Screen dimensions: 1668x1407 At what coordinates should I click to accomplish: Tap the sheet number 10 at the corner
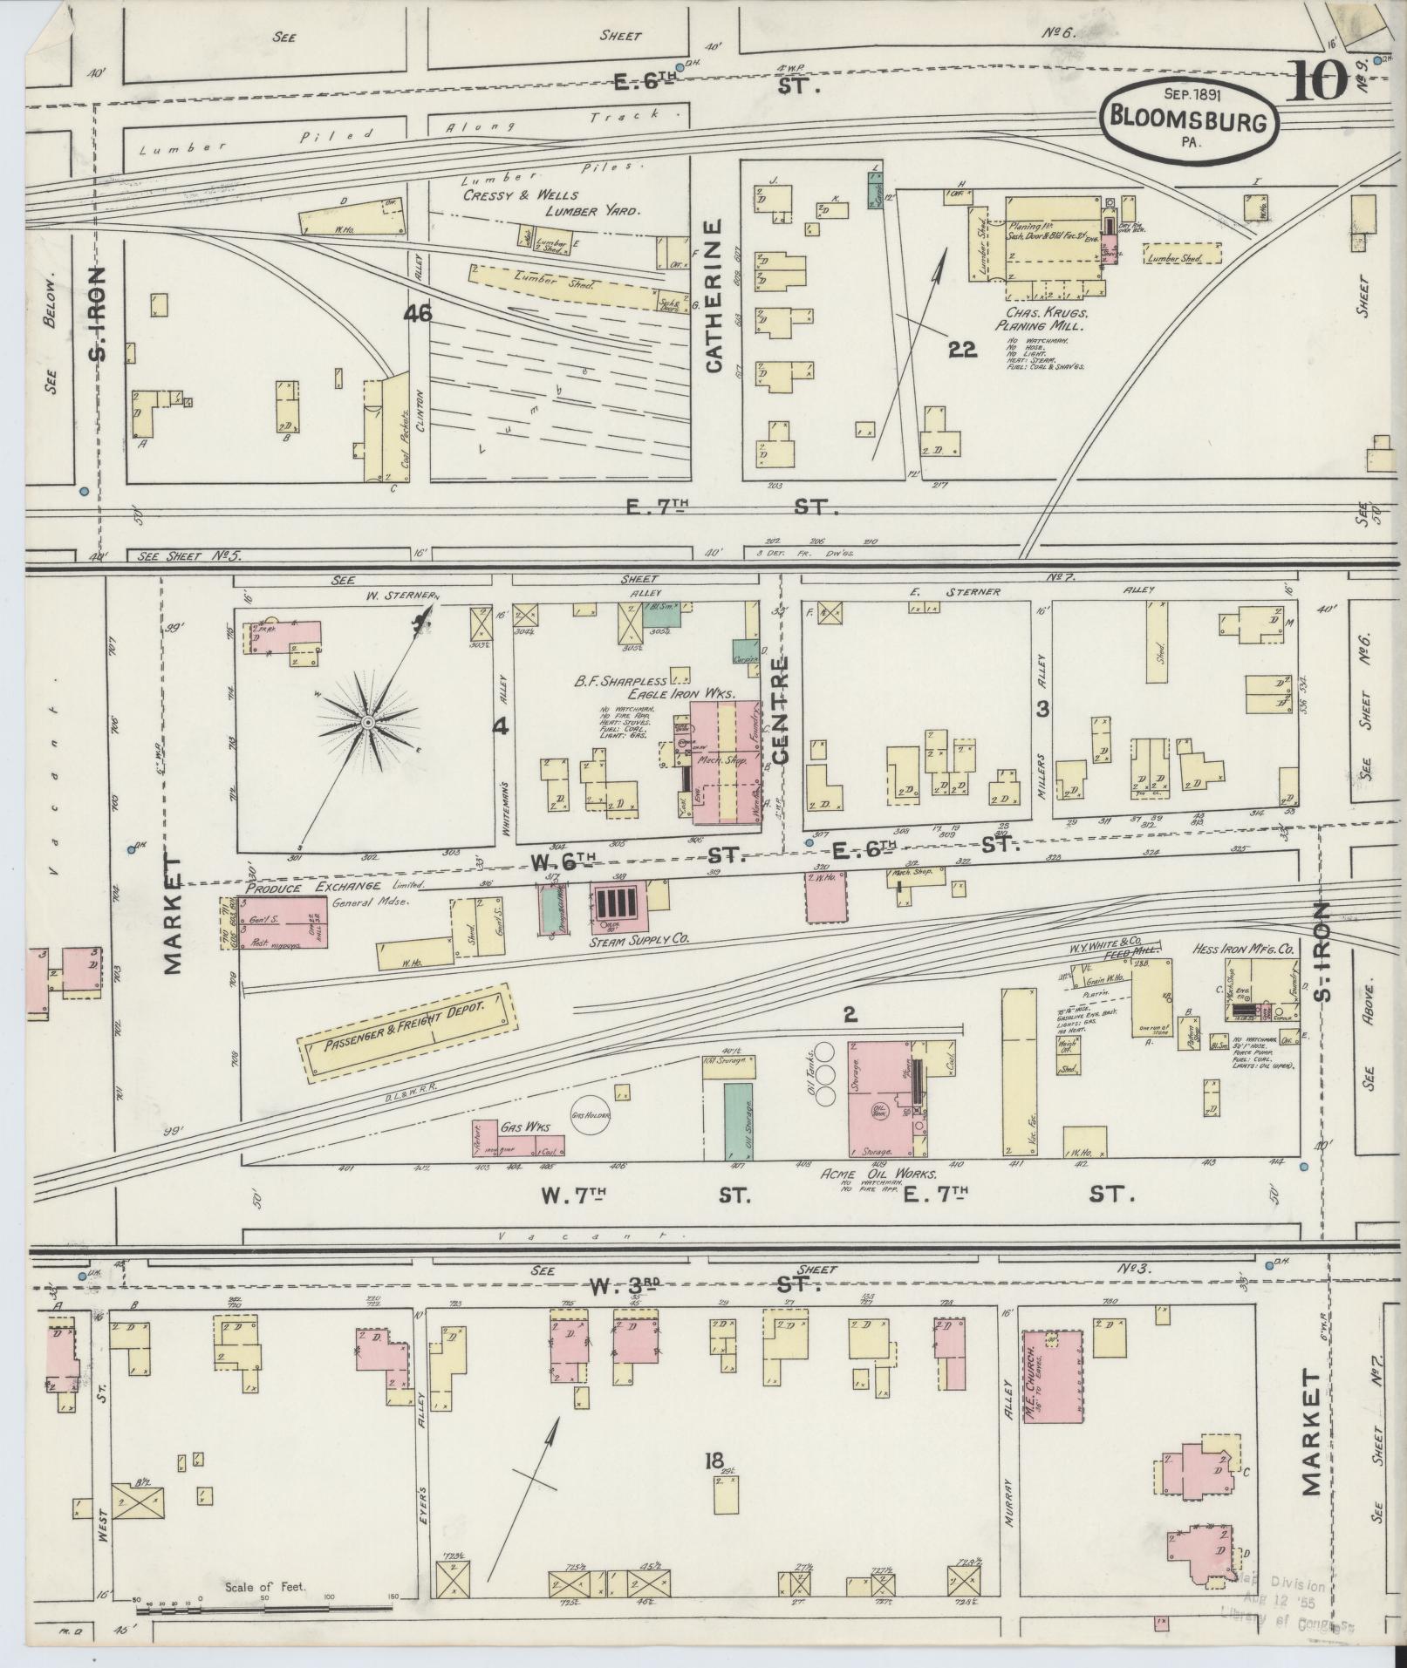coord(1315,85)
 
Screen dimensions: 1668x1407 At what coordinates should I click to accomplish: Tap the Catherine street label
coord(715,296)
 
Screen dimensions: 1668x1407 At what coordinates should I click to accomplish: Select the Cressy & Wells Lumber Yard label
coord(550,202)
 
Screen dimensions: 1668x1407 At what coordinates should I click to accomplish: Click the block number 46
coord(418,313)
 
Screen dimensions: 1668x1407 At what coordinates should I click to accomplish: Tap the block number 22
coord(963,350)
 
